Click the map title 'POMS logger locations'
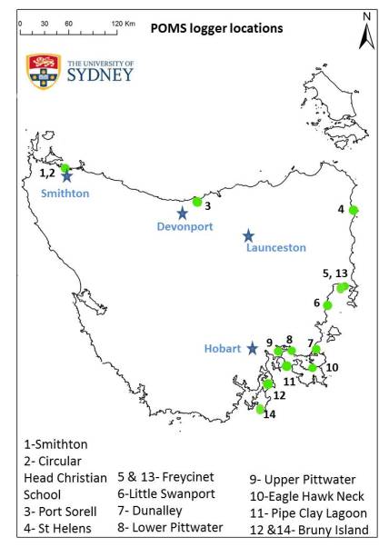pyautogui.click(x=216, y=28)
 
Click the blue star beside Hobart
pyautogui.click(x=252, y=347)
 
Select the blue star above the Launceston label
pyautogui.click(x=248, y=235)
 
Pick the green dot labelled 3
pyautogui.click(x=197, y=202)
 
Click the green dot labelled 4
pyautogui.click(x=354, y=210)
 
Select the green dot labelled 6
pyautogui.click(x=327, y=305)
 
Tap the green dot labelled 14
pyautogui.click(x=260, y=410)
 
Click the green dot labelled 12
pyautogui.click(x=267, y=384)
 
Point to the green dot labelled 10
pyautogui.click(x=313, y=367)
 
